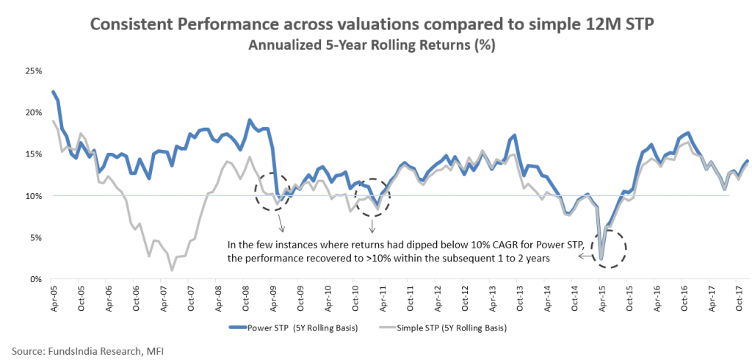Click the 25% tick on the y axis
34,71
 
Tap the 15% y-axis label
34,154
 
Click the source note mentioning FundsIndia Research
87,351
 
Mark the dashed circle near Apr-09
275,192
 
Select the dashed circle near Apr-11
373,198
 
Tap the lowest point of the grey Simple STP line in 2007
172,270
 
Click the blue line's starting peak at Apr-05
53,92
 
